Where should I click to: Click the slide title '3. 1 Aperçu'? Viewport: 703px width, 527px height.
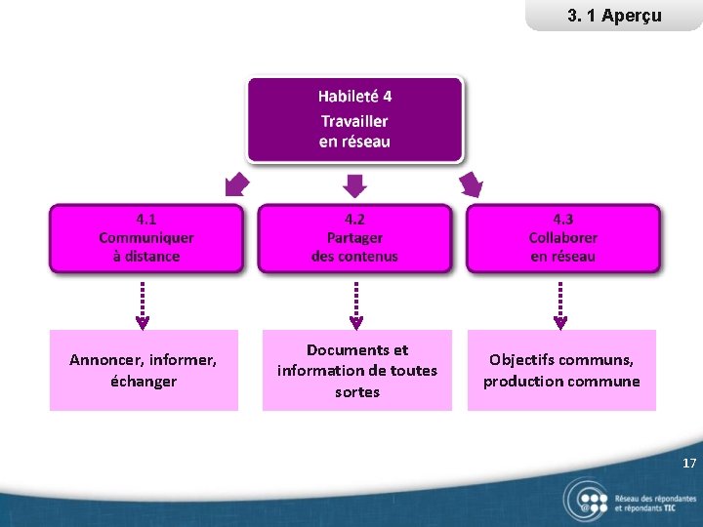pyautogui.click(x=614, y=16)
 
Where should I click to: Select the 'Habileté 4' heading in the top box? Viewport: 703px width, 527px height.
pyautogui.click(x=354, y=97)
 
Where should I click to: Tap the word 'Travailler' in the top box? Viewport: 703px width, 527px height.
pyautogui.click(x=354, y=121)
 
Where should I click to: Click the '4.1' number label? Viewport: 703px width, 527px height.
pyautogui.click(x=146, y=220)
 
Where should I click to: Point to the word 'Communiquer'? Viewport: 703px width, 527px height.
pyautogui.click(x=146, y=238)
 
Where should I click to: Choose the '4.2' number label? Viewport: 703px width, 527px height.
pyautogui.click(x=354, y=220)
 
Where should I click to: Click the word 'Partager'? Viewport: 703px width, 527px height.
pyautogui.click(x=354, y=238)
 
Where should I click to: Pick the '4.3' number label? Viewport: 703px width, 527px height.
pyautogui.click(x=562, y=220)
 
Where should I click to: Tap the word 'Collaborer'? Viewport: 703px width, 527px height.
pyautogui.click(x=562, y=238)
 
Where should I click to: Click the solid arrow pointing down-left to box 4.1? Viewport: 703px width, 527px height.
pyautogui.click(x=235, y=184)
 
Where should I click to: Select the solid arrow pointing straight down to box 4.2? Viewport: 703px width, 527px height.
pyautogui.click(x=355, y=184)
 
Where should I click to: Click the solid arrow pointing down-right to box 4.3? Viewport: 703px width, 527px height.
pyautogui.click(x=472, y=184)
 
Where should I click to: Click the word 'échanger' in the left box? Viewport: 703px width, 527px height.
pyautogui.click(x=144, y=382)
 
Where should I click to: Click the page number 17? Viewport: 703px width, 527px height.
pyautogui.click(x=689, y=464)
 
